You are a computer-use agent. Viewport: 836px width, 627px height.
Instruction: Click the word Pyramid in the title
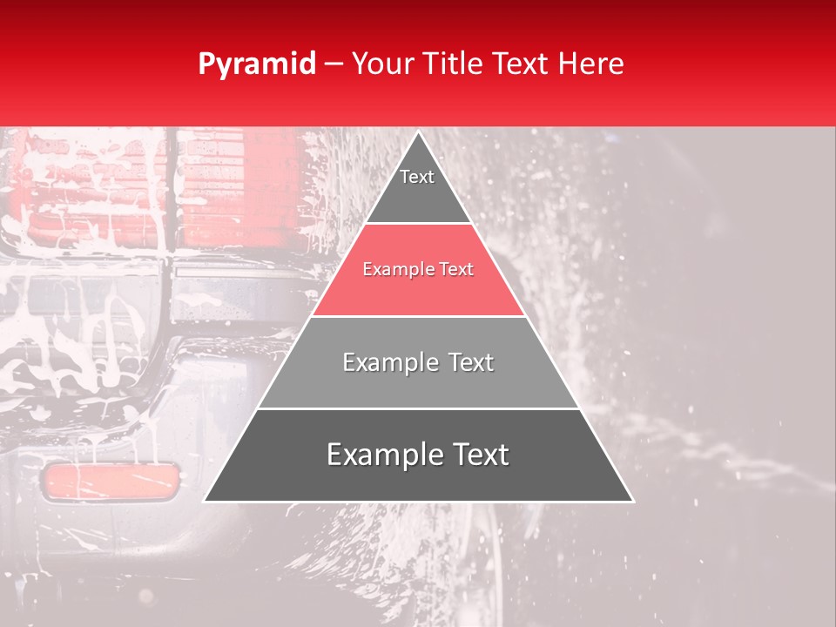coord(257,64)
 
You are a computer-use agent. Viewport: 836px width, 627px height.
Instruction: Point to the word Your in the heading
coord(384,64)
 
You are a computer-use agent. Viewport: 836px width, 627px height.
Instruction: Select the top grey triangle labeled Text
coord(418,187)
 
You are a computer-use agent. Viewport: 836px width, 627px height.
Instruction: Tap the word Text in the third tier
coord(468,362)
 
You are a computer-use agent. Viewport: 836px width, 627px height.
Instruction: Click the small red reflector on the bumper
coord(111,482)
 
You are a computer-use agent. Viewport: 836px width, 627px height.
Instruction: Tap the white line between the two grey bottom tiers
coord(418,408)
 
